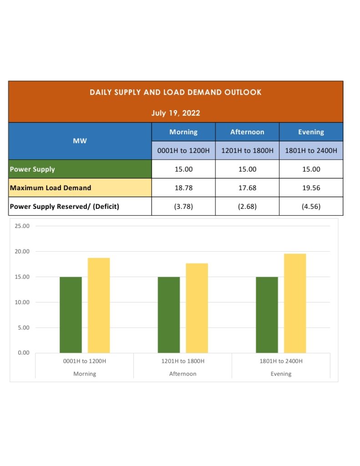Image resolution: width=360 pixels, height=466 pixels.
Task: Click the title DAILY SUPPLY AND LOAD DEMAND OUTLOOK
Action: pos(175,92)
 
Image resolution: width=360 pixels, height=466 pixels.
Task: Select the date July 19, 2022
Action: pos(175,113)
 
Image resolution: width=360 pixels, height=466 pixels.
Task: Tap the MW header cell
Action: pos(80,141)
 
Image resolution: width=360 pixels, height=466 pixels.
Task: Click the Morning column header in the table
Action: pos(183,132)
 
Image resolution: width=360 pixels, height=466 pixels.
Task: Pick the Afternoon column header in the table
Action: pos(247,132)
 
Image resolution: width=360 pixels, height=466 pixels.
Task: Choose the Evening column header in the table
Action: pos(311,132)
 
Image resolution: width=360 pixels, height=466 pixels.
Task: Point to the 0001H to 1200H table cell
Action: pos(183,150)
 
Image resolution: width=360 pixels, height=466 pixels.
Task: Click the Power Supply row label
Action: pos(32,169)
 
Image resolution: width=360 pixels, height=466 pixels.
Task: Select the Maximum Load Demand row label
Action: pos(51,187)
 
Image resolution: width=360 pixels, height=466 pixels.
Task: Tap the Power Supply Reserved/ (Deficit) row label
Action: pos(64,206)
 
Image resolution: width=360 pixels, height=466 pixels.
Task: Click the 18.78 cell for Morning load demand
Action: pos(183,187)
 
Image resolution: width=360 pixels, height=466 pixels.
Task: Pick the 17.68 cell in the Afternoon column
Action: pos(247,187)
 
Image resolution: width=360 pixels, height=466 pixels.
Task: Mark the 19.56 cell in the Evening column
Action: pos(311,187)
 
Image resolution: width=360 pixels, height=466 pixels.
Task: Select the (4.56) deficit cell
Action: pos(311,206)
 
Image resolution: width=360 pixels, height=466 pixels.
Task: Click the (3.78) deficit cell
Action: pos(183,206)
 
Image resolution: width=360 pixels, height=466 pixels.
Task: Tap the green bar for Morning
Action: pos(71,315)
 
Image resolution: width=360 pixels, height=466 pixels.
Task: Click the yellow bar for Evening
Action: pos(295,303)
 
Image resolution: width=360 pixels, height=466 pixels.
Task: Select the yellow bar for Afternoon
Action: pos(197,308)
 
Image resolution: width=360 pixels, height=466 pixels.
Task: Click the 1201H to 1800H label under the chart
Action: pos(183,361)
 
